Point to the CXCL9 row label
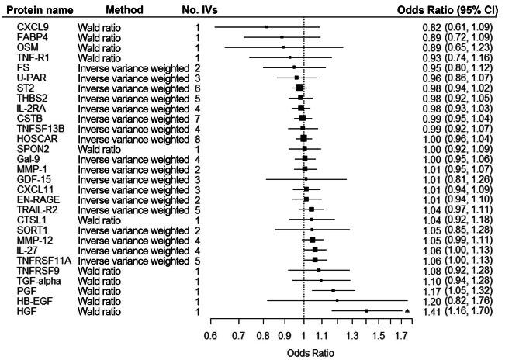(31, 28)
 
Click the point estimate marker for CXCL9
(267, 27)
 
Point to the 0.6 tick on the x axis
(209, 337)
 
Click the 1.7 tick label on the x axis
(402, 337)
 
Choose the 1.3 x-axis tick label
(353, 337)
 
